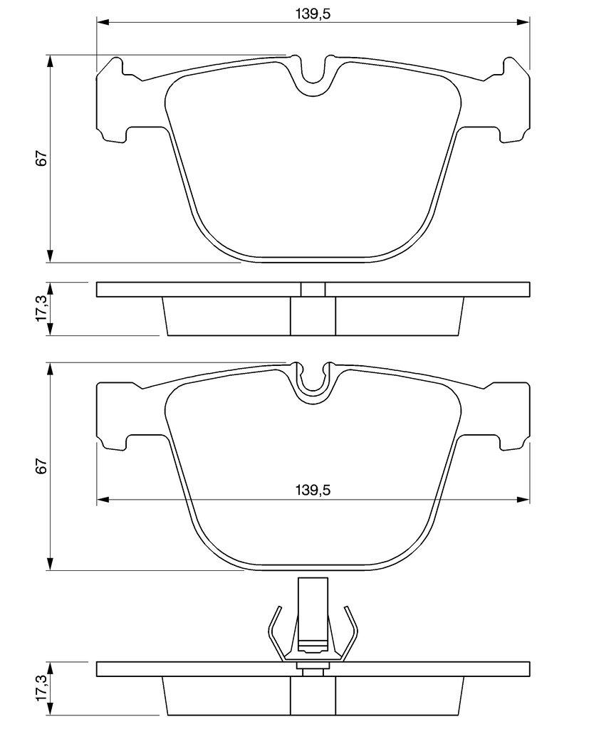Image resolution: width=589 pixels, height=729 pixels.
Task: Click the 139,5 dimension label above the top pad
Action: (313, 14)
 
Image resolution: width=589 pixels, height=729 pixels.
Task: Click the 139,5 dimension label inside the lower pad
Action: (313, 490)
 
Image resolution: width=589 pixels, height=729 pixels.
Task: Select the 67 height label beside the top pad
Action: (41, 159)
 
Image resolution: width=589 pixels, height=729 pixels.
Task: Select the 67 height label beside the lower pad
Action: (41, 466)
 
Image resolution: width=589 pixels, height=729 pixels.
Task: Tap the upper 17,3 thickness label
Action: (41, 308)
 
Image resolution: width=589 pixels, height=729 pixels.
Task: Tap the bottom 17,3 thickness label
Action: (41, 688)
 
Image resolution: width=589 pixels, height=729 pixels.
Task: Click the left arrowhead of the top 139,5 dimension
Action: (103, 22)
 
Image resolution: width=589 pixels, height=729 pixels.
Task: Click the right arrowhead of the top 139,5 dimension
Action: (523, 22)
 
